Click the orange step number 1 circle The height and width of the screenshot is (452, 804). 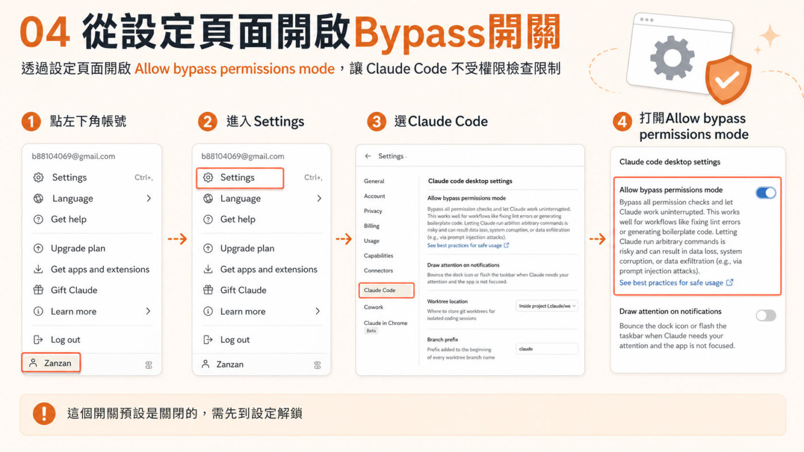pyautogui.click(x=31, y=122)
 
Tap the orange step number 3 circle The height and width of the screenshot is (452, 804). pyautogui.click(x=377, y=122)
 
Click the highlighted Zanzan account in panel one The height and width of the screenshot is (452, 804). pyautogui.click(x=51, y=363)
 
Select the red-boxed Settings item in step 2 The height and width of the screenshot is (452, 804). pyautogui.click(x=239, y=178)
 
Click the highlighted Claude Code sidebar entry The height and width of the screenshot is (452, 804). pyautogui.click(x=386, y=290)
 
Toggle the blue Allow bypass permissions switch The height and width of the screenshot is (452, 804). pyautogui.click(x=766, y=193)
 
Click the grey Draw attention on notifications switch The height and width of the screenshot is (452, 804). pyautogui.click(x=766, y=315)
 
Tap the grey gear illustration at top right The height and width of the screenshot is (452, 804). pyautogui.click(x=672, y=57)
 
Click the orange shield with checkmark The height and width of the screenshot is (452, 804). pyautogui.click(x=728, y=80)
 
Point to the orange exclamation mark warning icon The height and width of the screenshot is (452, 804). pyautogui.click(x=44, y=414)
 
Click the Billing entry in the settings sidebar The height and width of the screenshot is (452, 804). pyautogui.click(x=372, y=226)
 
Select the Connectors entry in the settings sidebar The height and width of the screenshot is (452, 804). pyautogui.click(x=378, y=271)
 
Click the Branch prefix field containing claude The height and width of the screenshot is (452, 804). pyautogui.click(x=546, y=349)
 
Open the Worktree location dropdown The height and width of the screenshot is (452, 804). pyautogui.click(x=546, y=306)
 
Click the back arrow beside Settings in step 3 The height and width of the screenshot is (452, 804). pyautogui.click(x=368, y=156)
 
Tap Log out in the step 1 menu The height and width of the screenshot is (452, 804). pyautogui.click(x=65, y=340)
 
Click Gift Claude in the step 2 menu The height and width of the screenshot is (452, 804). pyautogui.click(x=243, y=290)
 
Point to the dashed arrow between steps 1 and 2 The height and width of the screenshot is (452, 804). pyautogui.click(x=177, y=239)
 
